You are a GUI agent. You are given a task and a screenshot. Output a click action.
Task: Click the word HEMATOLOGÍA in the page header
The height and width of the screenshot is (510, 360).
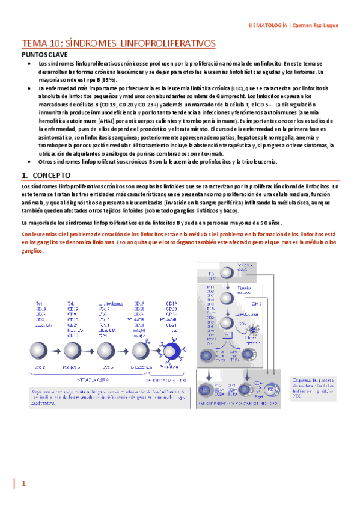coord(267,25)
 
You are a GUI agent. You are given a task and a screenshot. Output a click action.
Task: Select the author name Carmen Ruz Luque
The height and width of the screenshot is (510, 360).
coord(316,25)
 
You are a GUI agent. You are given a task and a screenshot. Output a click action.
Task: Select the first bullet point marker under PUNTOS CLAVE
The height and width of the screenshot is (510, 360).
coord(31,63)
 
